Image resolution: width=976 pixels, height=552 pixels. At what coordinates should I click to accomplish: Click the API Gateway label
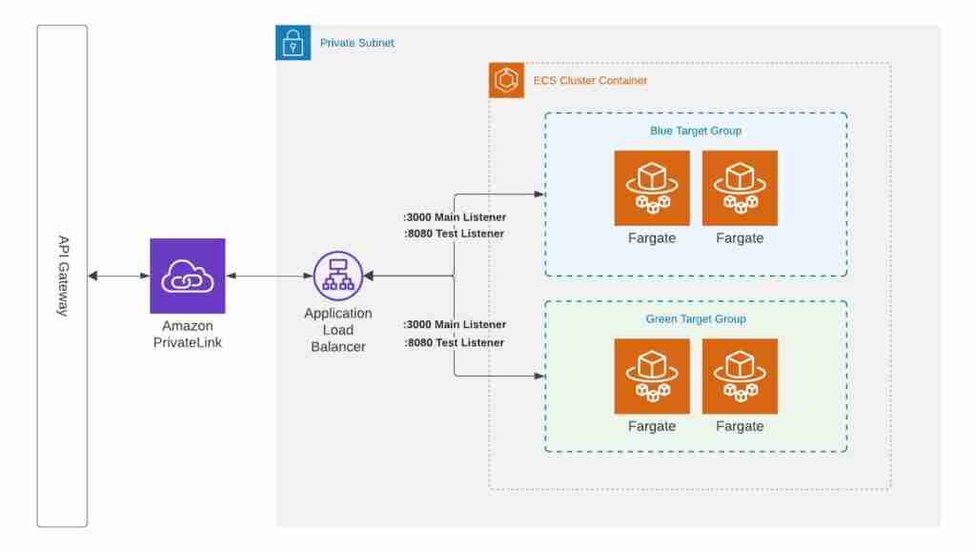pyautogui.click(x=63, y=276)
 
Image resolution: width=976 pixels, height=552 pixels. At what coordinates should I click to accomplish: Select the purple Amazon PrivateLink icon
pyautogui.click(x=188, y=276)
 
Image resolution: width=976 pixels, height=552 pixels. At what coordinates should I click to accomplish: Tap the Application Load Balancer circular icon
pyautogui.click(x=337, y=276)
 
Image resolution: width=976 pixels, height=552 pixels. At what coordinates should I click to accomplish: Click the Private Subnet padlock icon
pyautogui.click(x=293, y=43)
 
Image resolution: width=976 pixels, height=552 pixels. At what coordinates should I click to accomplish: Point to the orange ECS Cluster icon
pyautogui.click(x=506, y=80)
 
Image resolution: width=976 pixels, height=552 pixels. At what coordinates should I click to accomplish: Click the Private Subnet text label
pyautogui.click(x=356, y=43)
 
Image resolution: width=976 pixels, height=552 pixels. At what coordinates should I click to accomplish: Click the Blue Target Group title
pyautogui.click(x=696, y=131)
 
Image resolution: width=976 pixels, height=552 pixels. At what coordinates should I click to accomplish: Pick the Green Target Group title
pyautogui.click(x=696, y=319)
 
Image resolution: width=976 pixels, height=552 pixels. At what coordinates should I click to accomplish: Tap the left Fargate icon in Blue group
pyautogui.click(x=652, y=188)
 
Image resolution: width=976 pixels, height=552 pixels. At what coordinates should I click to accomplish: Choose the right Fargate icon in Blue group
pyautogui.click(x=740, y=188)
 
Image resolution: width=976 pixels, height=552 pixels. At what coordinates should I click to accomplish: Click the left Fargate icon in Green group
pyautogui.click(x=652, y=376)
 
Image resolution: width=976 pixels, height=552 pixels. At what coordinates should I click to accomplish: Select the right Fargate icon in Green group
pyautogui.click(x=740, y=376)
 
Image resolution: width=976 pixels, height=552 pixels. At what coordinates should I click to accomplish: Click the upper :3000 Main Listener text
pyautogui.click(x=455, y=217)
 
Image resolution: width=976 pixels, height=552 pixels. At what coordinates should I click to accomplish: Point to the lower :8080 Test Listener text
pyautogui.click(x=455, y=342)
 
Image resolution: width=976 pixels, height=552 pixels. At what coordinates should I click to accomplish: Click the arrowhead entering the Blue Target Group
pyautogui.click(x=540, y=194)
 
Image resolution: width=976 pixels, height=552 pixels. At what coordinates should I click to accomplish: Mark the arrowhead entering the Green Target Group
pyautogui.click(x=540, y=376)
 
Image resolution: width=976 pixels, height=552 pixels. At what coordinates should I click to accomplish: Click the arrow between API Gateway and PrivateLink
pyautogui.click(x=119, y=276)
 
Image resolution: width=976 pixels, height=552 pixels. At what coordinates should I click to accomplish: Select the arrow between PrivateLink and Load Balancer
pyautogui.click(x=270, y=276)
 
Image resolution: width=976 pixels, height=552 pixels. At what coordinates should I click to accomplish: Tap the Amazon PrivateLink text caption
pyautogui.click(x=188, y=334)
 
